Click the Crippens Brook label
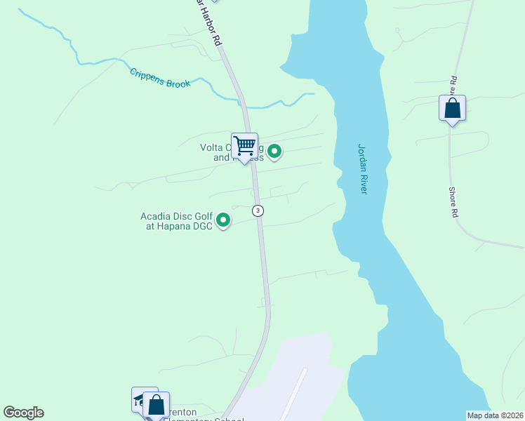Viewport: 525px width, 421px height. point(160,78)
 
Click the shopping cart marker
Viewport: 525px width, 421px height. point(244,146)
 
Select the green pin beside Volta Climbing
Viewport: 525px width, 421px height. point(275,150)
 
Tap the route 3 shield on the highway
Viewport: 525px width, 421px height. point(258,210)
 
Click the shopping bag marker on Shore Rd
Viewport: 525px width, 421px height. point(452,108)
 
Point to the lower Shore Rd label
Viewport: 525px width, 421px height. point(454,201)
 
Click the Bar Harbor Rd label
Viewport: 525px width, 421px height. point(210,25)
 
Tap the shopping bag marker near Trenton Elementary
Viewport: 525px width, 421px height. point(155,404)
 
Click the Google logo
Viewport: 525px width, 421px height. point(23,413)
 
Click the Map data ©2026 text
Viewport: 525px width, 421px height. point(494,415)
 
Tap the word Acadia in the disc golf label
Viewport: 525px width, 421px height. point(155,216)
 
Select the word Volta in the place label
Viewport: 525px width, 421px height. point(211,147)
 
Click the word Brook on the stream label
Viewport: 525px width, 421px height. point(178,83)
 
